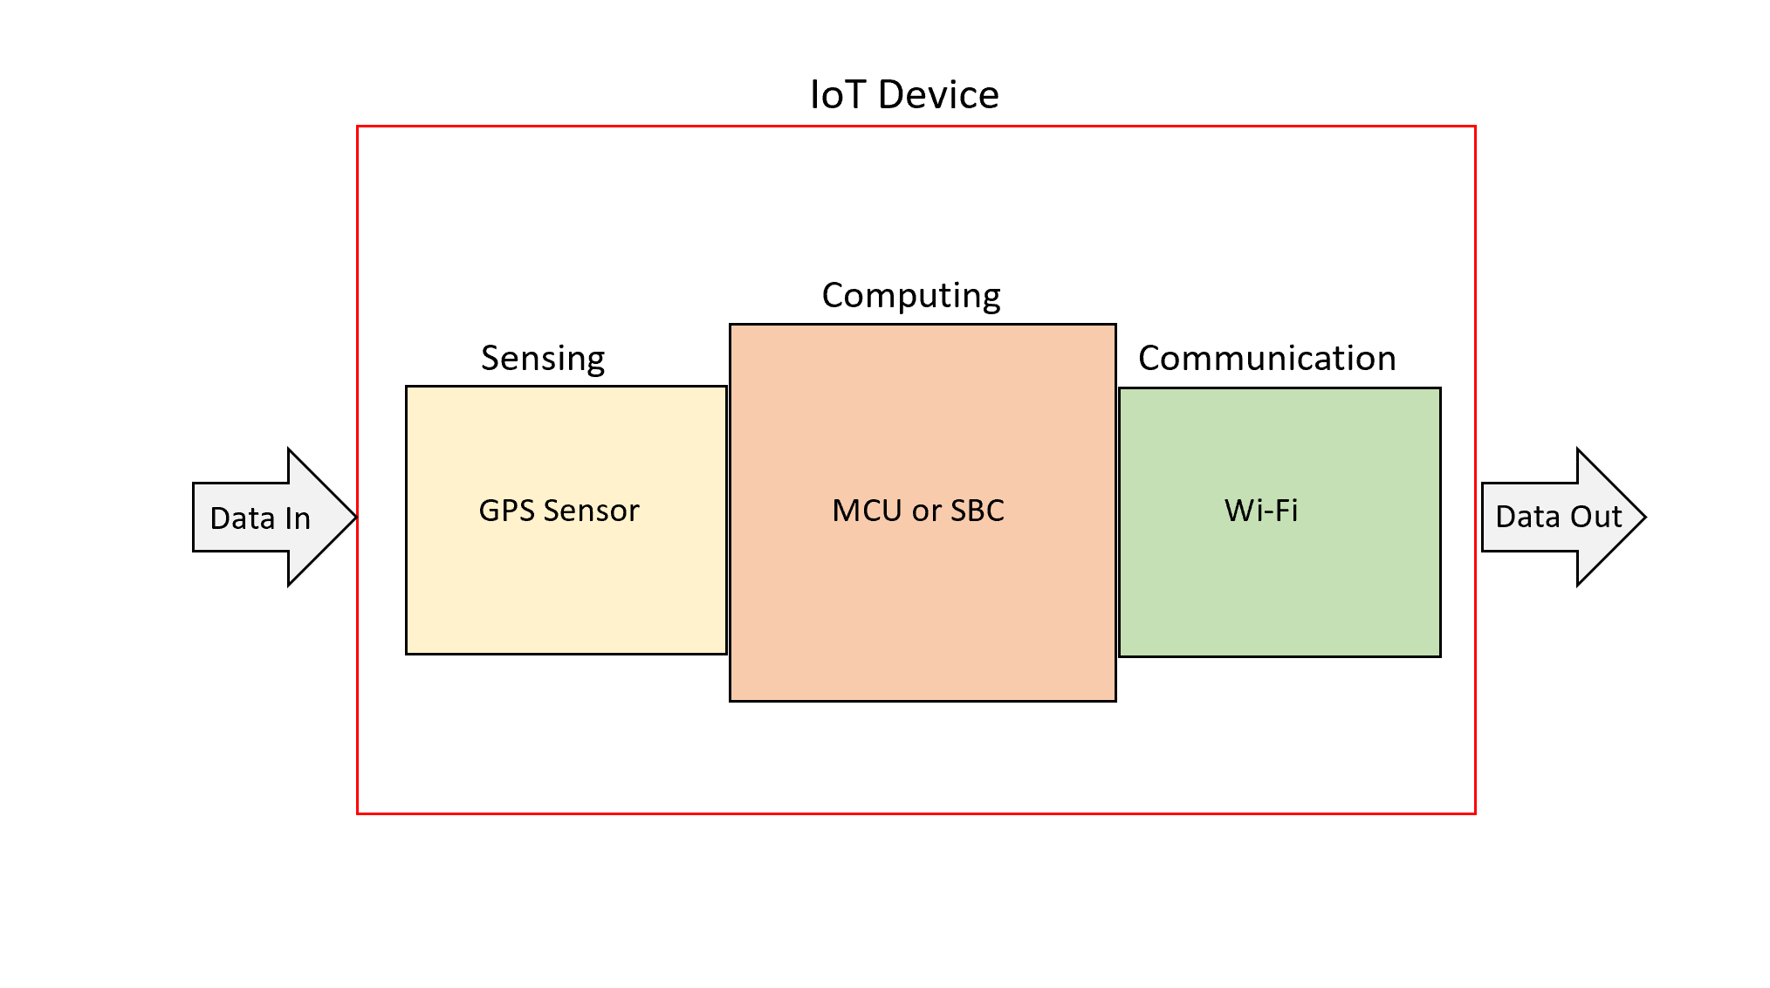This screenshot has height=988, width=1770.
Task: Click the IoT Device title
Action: [904, 94]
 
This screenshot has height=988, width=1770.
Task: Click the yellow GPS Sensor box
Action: [566, 520]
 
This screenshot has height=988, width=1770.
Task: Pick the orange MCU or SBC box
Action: [923, 512]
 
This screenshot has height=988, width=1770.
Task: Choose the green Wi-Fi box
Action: [1279, 522]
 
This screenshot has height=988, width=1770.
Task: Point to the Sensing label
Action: [543, 359]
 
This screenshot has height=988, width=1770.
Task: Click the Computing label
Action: [911, 296]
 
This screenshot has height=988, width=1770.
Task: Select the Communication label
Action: [1267, 358]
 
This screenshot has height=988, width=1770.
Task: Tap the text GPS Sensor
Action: [559, 511]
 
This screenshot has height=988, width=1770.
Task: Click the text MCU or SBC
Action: [918, 511]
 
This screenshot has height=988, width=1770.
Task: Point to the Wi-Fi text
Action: [1261, 511]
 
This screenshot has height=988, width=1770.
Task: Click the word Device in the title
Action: [939, 94]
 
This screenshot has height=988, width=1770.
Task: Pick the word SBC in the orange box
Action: [978, 511]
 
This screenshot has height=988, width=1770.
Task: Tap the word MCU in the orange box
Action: [868, 511]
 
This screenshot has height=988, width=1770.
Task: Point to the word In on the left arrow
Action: [298, 518]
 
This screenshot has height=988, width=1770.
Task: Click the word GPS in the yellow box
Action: [506, 511]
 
